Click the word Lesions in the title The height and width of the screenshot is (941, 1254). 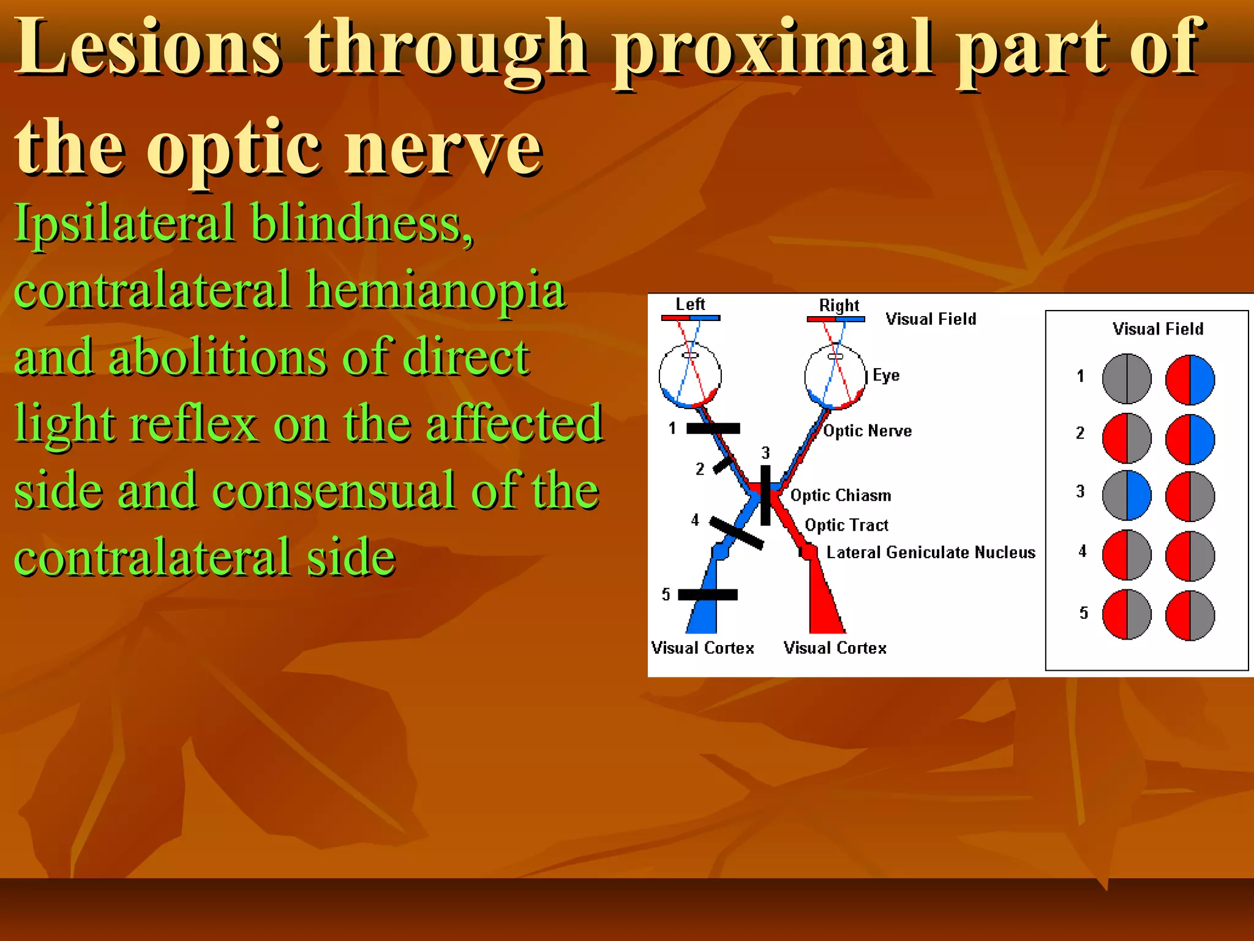(x=147, y=48)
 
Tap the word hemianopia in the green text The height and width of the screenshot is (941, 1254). (x=436, y=290)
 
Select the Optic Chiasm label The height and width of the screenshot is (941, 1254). (x=840, y=495)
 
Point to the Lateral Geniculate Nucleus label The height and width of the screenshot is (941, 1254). (x=930, y=553)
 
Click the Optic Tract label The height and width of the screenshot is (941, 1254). (x=846, y=525)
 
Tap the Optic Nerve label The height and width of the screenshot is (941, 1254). (x=867, y=431)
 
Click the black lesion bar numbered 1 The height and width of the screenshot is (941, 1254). (x=713, y=428)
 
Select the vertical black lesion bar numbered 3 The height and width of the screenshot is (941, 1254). (x=765, y=495)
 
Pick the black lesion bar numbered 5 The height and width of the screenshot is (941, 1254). (x=707, y=594)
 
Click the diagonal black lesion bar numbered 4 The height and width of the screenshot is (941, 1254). (x=736, y=532)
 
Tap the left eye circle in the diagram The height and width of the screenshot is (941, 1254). (x=690, y=375)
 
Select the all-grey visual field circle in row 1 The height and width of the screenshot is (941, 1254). (x=1127, y=379)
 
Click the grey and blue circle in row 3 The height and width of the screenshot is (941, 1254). (x=1127, y=495)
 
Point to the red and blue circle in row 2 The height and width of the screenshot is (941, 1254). (x=1190, y=439)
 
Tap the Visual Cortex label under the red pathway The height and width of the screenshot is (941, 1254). (x=835, y=648)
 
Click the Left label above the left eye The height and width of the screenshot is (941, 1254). (x=690, y=304)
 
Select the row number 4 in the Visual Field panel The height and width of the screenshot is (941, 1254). (x=1082, y=551)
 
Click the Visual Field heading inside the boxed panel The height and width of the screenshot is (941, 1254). (x=1157, y=329)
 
